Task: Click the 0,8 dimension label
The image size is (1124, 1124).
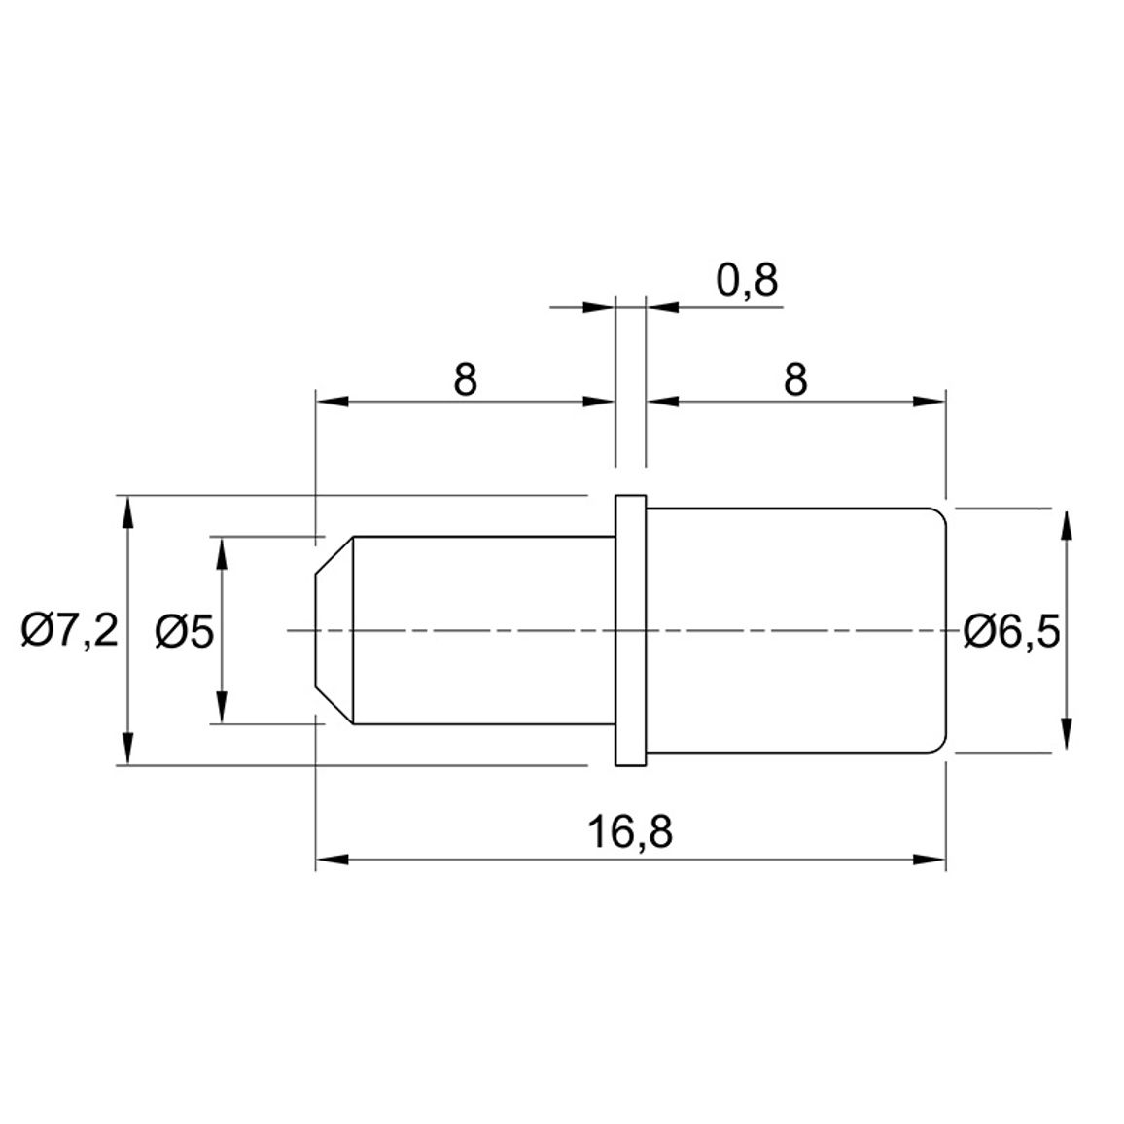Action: tap(747, 280)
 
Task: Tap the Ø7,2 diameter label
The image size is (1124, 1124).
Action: tap(69, 631)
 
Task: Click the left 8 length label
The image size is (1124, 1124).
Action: tap(465, 379)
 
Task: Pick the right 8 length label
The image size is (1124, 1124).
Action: tap(795, 379)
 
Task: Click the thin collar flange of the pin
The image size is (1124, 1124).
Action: tap(631, 631)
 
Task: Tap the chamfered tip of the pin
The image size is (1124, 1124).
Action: tap(334, 630)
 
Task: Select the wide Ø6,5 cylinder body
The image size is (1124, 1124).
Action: tap(796, 631)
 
